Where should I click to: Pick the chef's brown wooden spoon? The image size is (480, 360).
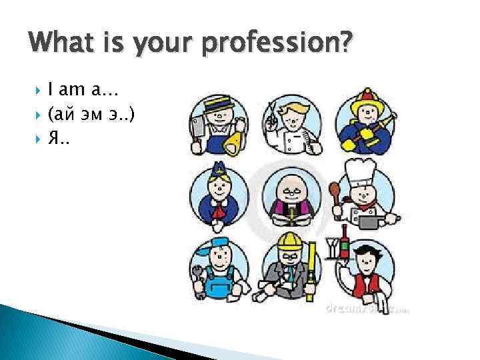coord(335,193)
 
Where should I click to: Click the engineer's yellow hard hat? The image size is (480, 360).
coord(289,241)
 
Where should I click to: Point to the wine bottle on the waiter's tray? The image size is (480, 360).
coord(345,240)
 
